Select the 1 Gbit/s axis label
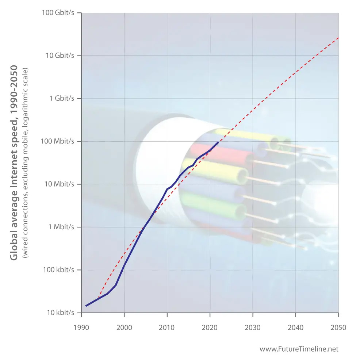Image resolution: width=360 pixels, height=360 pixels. [x=62, y=99]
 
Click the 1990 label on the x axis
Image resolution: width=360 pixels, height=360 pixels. [x=81, y=328]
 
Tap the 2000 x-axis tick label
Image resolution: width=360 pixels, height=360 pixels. [x=124, y=328]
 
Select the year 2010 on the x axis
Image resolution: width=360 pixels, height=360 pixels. [x=167, y=328]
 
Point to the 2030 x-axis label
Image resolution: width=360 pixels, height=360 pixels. [x=253, y=328]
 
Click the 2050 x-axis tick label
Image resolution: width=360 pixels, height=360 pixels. [x=338, y=328]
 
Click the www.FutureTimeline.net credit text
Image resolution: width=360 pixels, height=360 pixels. [x=299, y=349]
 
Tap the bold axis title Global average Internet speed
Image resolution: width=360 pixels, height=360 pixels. [x=14, y=162]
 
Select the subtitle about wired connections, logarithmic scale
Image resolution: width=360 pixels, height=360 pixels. [x=25, y=162]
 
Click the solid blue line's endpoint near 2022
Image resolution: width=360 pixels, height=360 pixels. [x=218, y=142]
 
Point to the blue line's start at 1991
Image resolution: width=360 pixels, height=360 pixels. [x=86, y=306]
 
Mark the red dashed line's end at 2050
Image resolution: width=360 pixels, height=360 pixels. [x=338, y=38]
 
